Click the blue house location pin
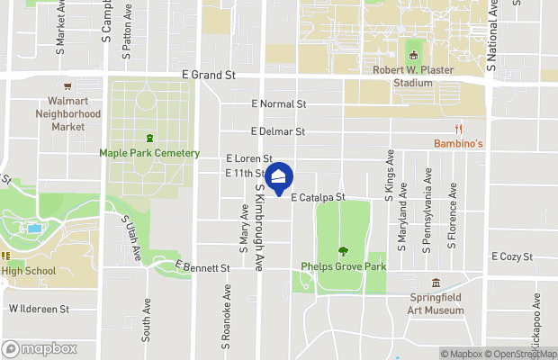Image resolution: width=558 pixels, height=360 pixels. pos(279,177)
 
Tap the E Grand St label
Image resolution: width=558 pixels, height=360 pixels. pos(208,76)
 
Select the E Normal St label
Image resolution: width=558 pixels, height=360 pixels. pos(280,104)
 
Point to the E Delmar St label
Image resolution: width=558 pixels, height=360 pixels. pos(278,131)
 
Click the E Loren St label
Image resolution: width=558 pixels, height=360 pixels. pos(249,158)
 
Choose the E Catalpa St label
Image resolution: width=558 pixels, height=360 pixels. pos(318,195)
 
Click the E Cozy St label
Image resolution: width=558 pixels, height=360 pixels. pos(512,256)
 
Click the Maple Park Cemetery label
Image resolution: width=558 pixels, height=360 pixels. pos(149,153)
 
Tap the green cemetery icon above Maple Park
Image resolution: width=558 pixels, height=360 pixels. pos(149,138)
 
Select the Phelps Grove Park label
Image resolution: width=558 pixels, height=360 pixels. pos(343,266)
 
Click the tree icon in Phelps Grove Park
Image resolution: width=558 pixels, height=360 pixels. pos(342,251)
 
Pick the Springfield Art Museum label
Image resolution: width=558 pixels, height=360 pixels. pos(436,304)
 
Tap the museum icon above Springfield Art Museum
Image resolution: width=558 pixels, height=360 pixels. pos(436,283)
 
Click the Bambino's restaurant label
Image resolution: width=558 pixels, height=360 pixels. pos(459,144)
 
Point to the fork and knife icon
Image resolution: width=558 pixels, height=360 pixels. pos(459,130)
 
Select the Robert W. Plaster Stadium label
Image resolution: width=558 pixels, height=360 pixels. pos(413,76)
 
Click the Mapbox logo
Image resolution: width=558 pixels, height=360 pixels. pos(40,348)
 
